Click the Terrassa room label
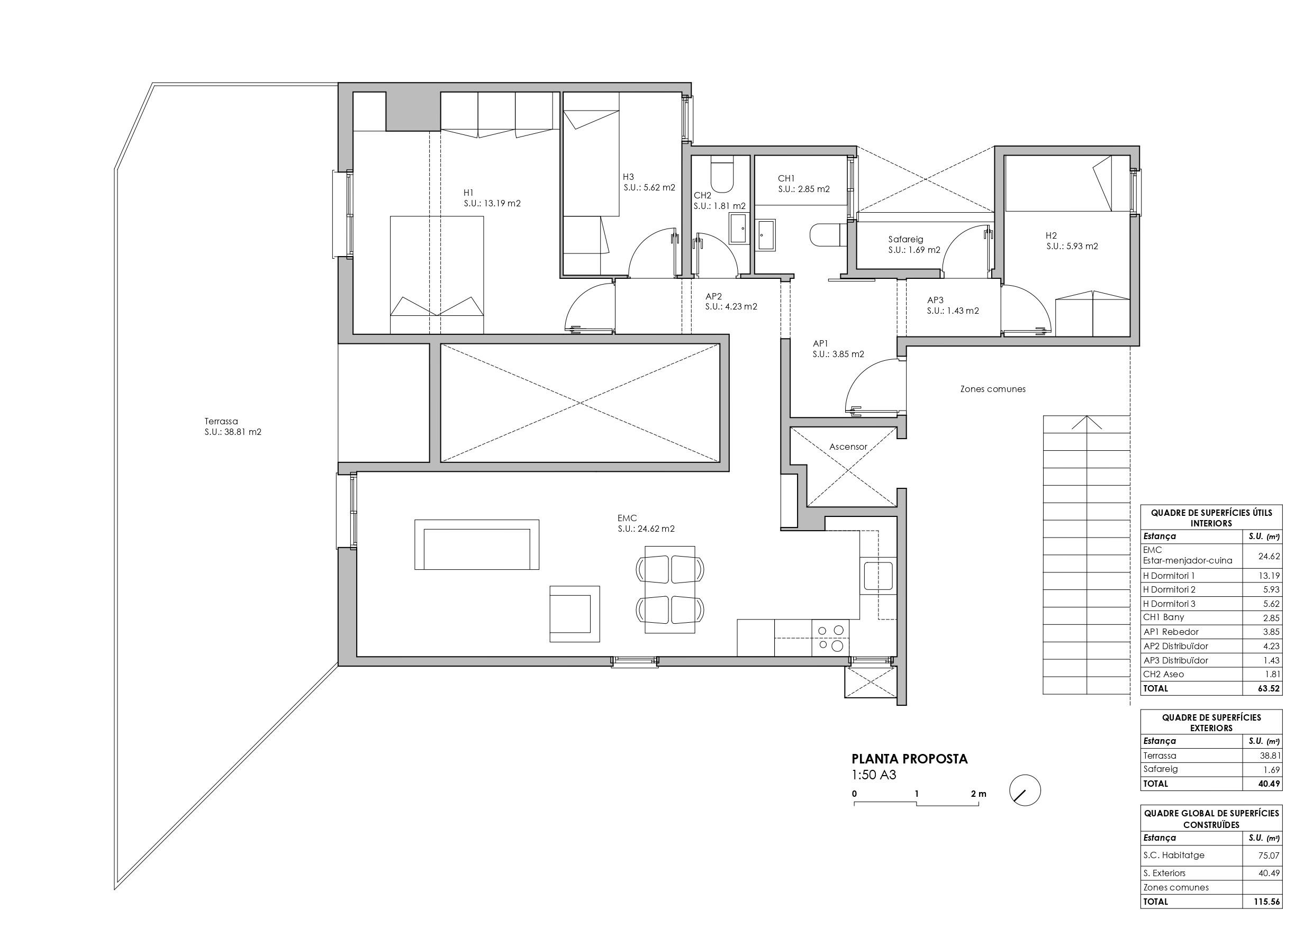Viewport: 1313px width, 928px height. pos(221,421)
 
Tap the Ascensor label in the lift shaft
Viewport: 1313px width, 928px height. pos(848,447)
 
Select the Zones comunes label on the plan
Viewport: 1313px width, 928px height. pos(993,389)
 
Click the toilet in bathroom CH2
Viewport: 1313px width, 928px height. pos(721,176)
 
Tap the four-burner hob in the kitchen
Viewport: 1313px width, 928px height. pos(830,638)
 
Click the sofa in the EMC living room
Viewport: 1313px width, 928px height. pos(476,544)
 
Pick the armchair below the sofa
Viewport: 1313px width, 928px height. pos(575,614)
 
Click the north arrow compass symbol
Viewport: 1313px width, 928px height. pos(1025,791)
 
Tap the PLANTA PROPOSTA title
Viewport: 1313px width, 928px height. pos(910,759)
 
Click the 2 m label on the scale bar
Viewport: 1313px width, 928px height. pos(979,794)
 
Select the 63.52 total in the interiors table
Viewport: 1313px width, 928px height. pos(1269,688)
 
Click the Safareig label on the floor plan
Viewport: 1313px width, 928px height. pos(906,240)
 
